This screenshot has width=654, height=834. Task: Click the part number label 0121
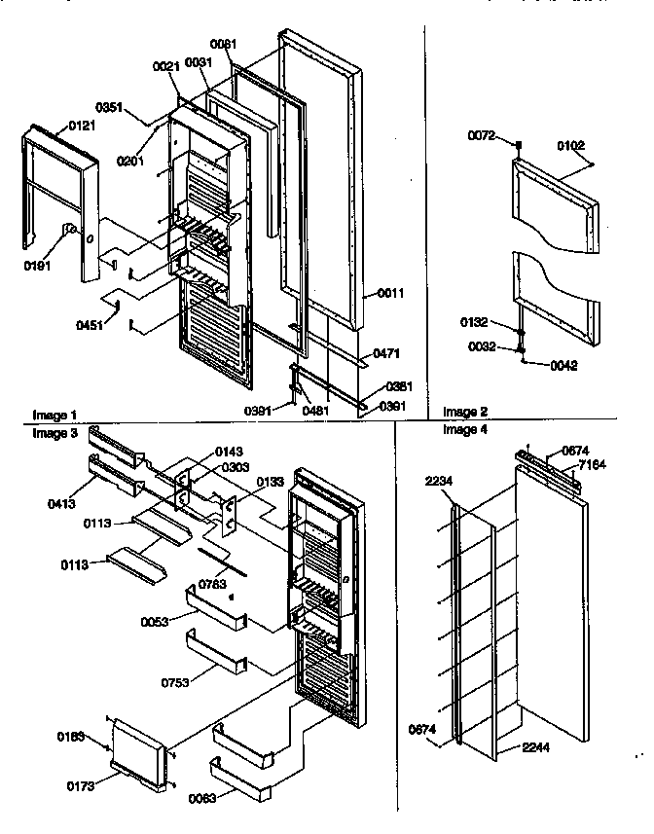point(81,126)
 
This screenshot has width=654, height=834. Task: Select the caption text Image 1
point(54,414)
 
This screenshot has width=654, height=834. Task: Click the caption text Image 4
point(463,429)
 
